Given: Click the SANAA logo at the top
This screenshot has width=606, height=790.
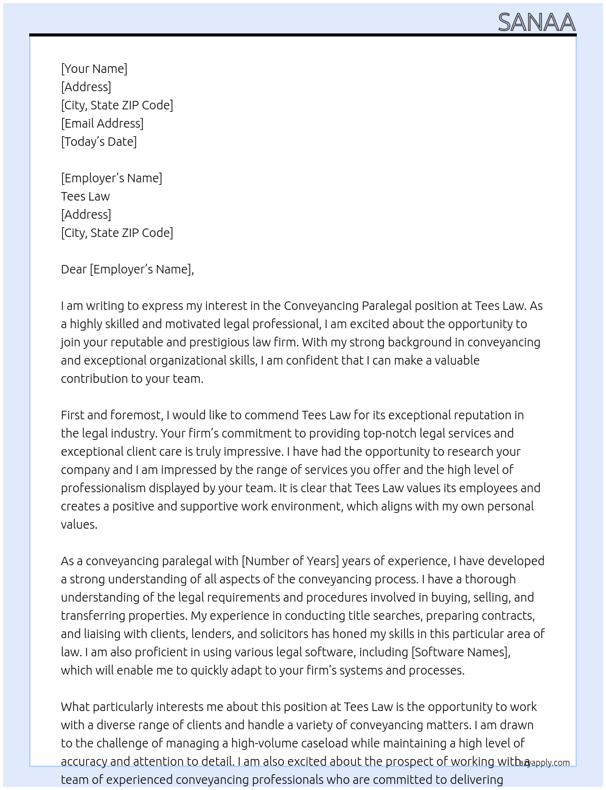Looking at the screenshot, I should tap(536, 22).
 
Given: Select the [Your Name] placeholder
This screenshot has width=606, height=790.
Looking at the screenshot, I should tap(94, 69).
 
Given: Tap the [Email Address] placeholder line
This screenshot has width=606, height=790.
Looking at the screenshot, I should tap(102, 123).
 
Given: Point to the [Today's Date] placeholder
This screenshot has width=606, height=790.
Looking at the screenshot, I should tap(99, 142).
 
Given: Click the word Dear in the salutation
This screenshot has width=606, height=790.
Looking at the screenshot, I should tap(74, 269).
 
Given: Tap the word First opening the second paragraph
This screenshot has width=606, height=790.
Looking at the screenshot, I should tap(72, 415).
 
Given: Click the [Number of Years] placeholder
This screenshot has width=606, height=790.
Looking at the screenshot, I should tap(290, 561).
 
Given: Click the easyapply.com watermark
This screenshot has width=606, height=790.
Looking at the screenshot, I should tap(545, 763).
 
